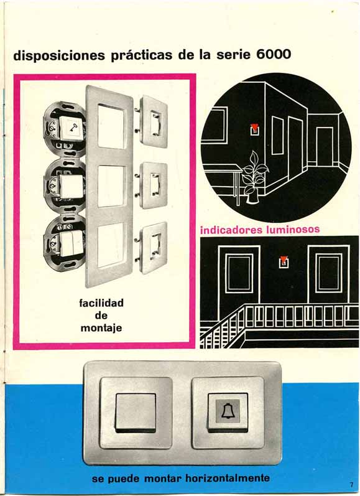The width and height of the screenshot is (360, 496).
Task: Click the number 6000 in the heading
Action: (x=274, y=54)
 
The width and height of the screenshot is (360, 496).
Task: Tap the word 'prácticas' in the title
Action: (x=142, y=55)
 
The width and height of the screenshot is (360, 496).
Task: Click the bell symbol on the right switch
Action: (x=228, y=411)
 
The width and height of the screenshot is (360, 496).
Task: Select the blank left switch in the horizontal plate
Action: (x=136, y=413)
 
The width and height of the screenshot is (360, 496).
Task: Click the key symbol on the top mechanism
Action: (x=73, y=128)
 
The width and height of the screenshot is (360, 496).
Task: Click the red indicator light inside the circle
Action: (x=254, y=129)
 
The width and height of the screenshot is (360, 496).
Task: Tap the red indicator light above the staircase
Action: (x=284, y=261)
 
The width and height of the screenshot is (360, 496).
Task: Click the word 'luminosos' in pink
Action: (x=293, y=229)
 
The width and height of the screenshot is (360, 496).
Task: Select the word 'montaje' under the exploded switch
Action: (x=101, y=329)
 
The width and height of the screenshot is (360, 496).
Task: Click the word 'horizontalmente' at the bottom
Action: (x=228, y=478)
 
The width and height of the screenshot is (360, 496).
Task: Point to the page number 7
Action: (x=351, y=485)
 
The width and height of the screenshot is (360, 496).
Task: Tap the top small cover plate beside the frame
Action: (x=154, y=121)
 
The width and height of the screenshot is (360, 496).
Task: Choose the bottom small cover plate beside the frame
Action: (x=154, y=248)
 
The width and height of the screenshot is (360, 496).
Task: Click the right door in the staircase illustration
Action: (x=329, y=274)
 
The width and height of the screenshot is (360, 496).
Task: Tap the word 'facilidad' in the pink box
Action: (x=101, y=303)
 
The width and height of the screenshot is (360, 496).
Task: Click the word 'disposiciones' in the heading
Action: (x=59, y=55)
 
